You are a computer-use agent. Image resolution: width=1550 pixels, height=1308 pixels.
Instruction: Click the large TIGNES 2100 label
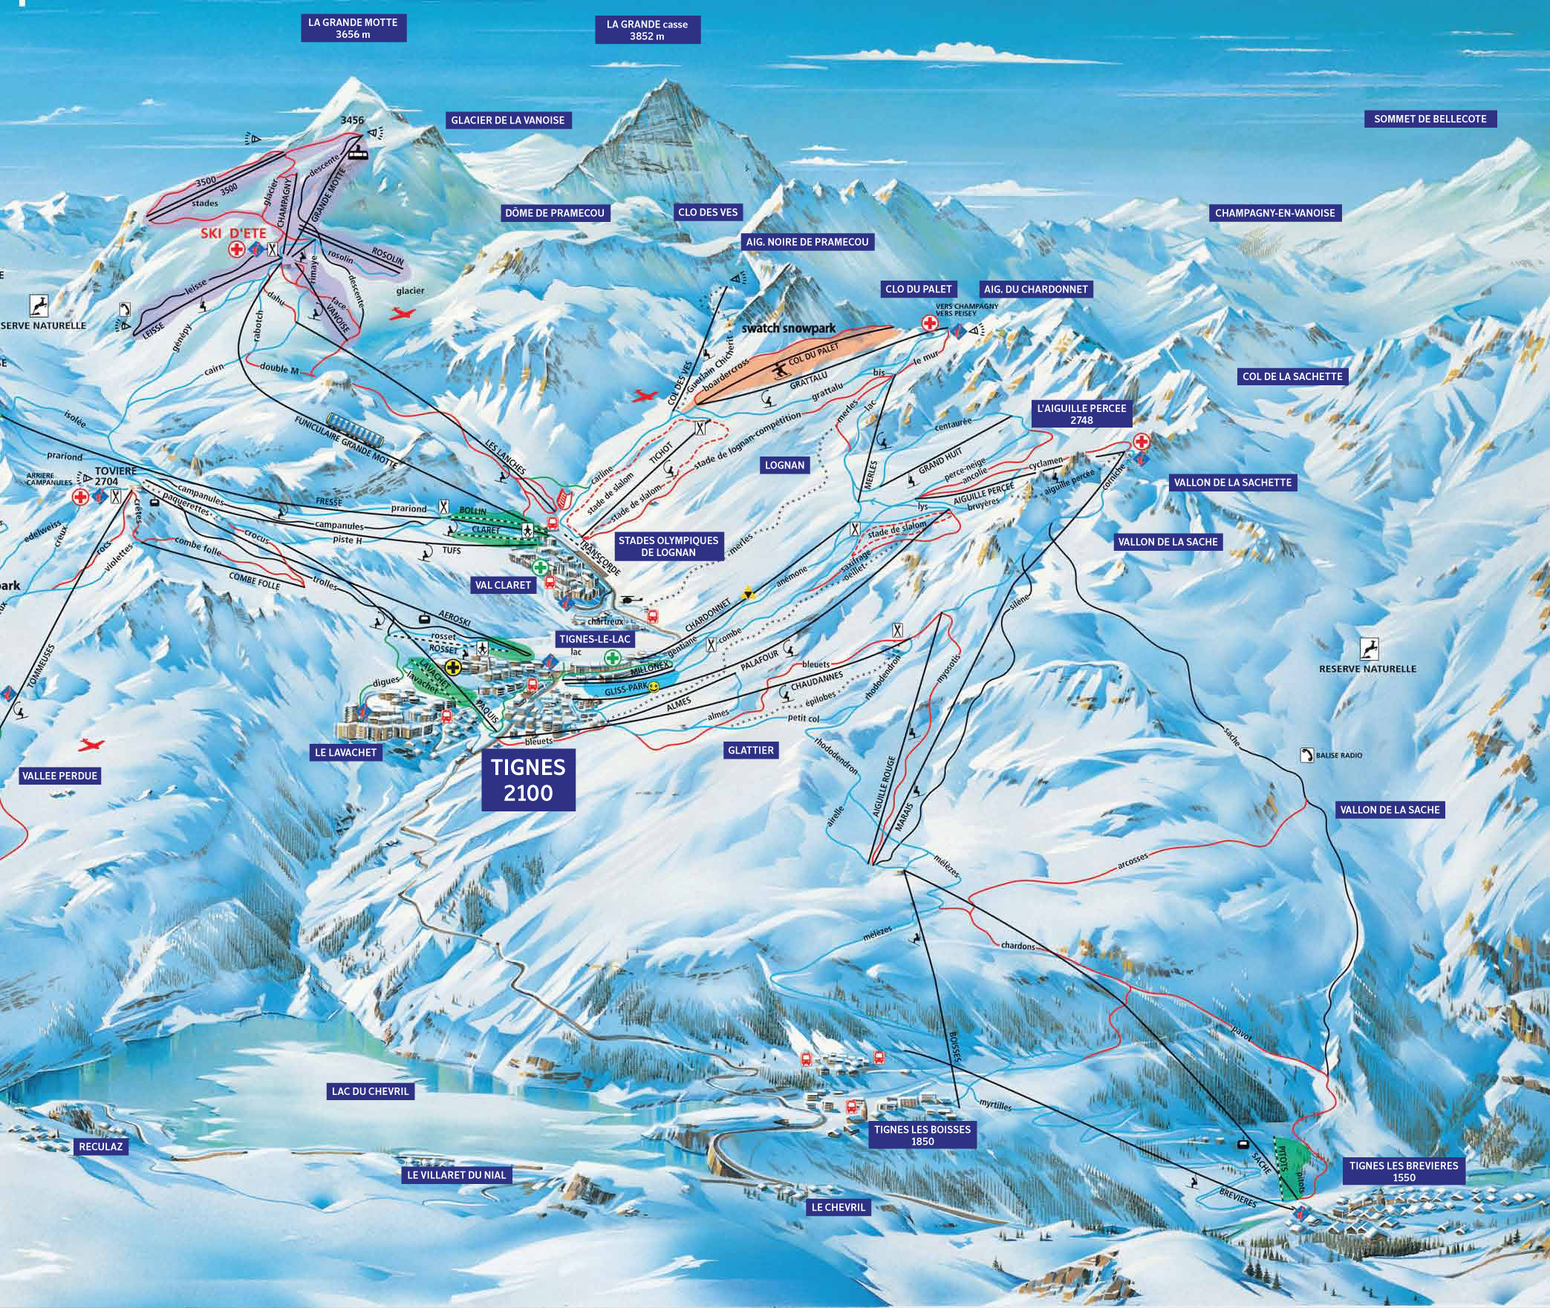(x=528, y=780)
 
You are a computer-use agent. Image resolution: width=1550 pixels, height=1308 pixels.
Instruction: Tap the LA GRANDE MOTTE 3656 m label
(x=353, y=28)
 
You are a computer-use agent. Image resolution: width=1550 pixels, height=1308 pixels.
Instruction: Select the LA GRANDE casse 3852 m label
(x=647, y=30)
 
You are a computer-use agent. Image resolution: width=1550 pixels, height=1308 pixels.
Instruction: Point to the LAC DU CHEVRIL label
(x=370, y=1090)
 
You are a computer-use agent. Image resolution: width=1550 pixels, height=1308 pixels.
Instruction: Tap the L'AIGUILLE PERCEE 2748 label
(x=1081, y=414)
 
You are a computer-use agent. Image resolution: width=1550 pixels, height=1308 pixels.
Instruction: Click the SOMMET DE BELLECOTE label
(x=1430, y=119)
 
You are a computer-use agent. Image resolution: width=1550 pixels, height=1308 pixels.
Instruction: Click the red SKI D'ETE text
(x=232, y=233)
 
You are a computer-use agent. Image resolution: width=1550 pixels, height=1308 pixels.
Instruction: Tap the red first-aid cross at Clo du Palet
(x=929, y=323)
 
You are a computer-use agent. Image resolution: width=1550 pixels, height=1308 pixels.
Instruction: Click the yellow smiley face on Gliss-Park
(x=653, y=689)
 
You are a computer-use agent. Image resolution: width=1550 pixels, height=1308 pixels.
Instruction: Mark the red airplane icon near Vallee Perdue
(x=93, y=744)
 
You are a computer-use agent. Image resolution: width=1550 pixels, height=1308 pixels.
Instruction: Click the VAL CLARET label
(x=503, y=585)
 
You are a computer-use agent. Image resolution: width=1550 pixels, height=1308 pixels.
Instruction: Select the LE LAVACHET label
(x=346, y=752)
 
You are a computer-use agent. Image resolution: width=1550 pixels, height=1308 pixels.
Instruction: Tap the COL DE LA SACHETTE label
(x=1292, y=376)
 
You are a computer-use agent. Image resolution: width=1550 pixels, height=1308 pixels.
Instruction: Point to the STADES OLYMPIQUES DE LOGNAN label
(x=668, y=546)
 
